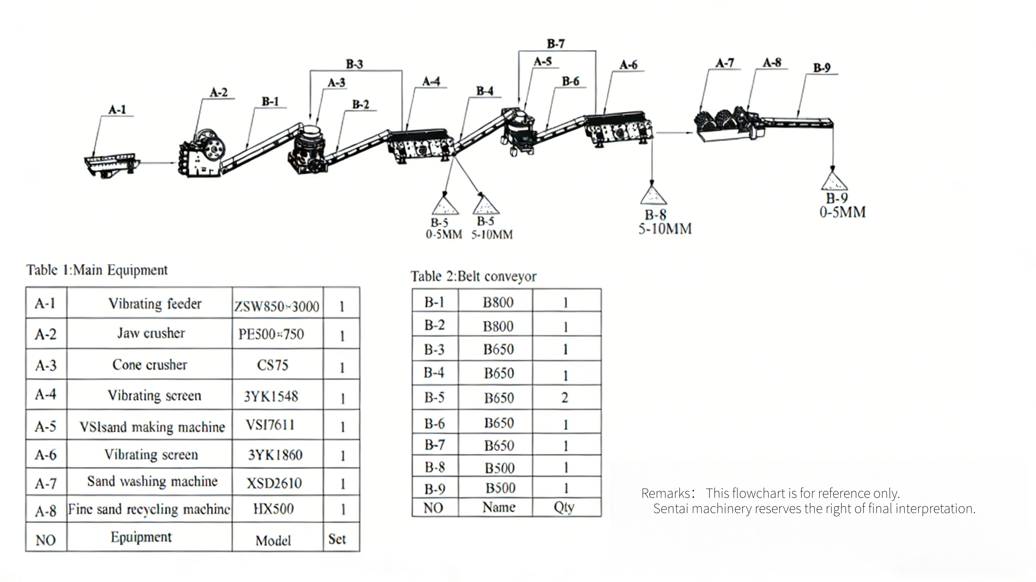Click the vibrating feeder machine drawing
112,165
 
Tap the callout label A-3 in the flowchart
337,83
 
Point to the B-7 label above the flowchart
556,43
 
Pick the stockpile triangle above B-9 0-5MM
834,180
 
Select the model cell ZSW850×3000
277,306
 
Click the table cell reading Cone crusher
150,364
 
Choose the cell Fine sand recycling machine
149,509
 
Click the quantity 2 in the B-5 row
565,397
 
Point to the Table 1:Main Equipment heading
97,270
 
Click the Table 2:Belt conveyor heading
473,276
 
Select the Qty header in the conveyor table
564,507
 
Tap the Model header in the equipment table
273,541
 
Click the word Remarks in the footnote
666,493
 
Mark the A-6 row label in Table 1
46,455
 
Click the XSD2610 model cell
274,483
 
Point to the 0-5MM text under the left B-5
444,234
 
